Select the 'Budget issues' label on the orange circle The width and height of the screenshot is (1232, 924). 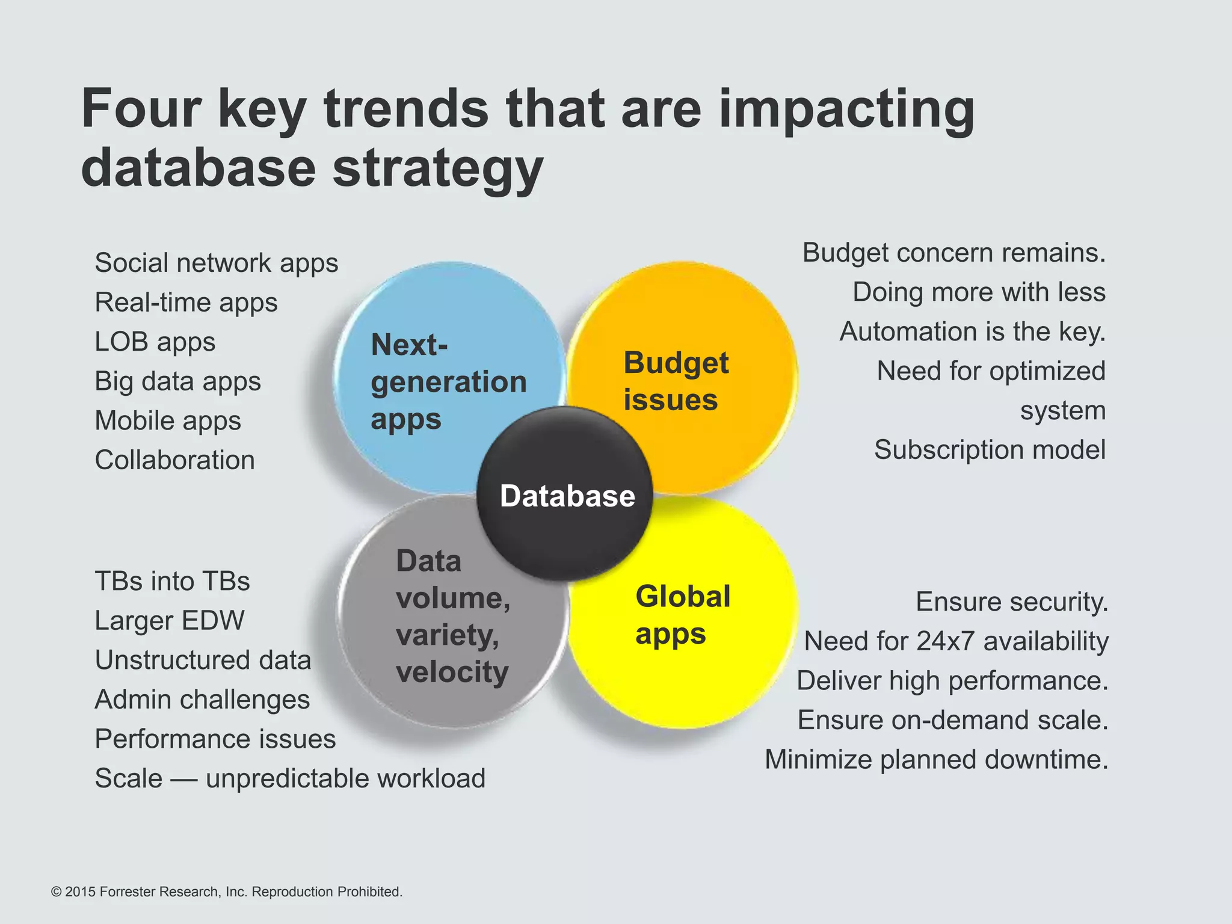tap(676, 381)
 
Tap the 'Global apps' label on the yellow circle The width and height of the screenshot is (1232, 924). tap(683, 615)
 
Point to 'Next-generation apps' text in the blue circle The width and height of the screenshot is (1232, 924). tap(448, 381)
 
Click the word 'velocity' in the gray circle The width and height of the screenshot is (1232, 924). tap(452, 671)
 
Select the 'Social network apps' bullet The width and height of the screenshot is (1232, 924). tap(217, 263)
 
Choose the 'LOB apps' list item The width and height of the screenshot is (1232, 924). tap(155, 342)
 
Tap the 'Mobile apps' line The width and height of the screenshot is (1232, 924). tap(168, 420)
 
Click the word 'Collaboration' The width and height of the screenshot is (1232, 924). tap(175, 460)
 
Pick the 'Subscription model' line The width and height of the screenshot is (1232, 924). tap(990, 450)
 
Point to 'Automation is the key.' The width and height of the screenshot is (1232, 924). tap(972, 331)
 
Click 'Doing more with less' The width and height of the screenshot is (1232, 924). tap(979, 292)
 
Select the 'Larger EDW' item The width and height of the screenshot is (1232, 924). tap(170, 621)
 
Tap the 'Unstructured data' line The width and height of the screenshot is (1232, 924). tap(203, 660)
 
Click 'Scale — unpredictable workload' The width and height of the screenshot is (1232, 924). tap(290, 778)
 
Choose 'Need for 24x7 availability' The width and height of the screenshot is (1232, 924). tap(956, 641)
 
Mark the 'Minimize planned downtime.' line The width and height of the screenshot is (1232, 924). tap(936, 760)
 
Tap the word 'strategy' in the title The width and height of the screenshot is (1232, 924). tap(438, 168)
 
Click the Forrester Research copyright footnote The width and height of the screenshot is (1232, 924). tap(227, 892)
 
